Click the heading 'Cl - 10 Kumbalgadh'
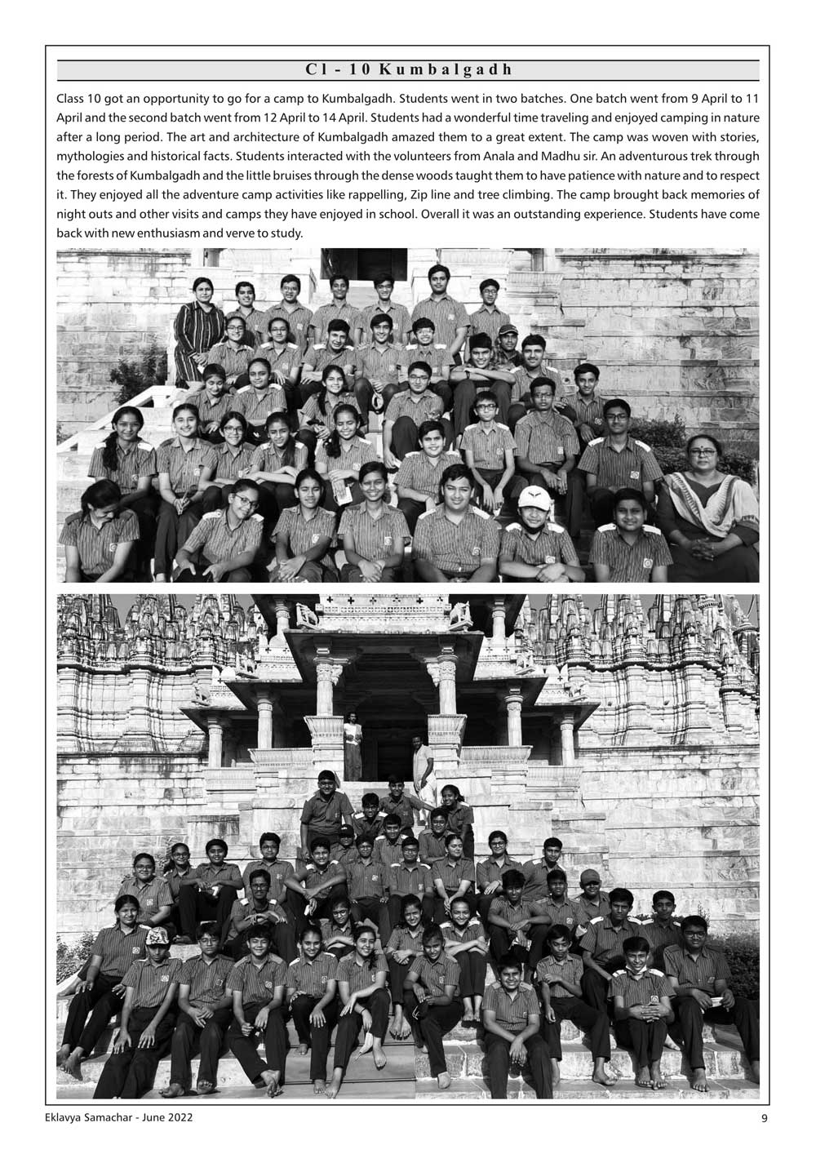coord(408,70)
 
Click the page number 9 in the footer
coord(764,1118)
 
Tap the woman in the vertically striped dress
coord(200,322)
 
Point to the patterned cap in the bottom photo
coord(157,937)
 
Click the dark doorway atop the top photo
coord(370,264)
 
